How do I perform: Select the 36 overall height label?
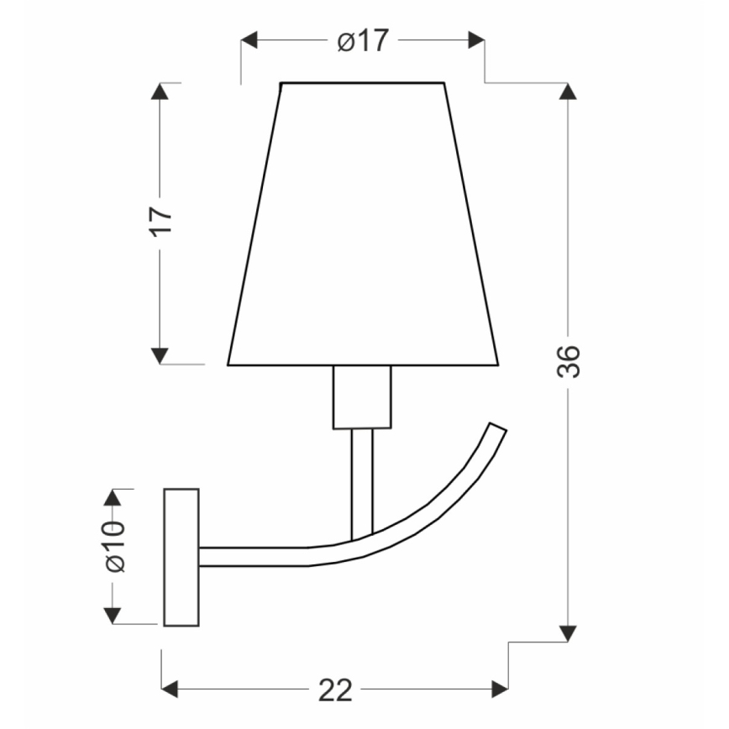pyautogui.click(x=569, y=361)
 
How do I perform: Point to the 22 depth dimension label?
pyautogui.click(x=335, y=690)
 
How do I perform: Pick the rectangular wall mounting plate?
pyautogui.click(x=181, y=557)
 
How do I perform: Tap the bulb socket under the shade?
pyautogui.click(x=362, y=397)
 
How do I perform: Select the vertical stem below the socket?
pyautogui.click(x=362, y=483)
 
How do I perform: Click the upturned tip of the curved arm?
pyautogui.click(x=496, y=433)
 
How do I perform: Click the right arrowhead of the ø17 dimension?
pyautogui.click(x=475, y=40)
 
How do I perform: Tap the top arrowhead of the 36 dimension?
pyautogui.click(x=569, y=92)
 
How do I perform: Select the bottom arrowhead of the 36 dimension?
pyautogui.click(x=569, y=632)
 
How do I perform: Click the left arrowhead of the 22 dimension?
pyautogui.click(x=170, y=690)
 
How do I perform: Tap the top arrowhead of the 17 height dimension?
pyautogui.click(x=160, y=92)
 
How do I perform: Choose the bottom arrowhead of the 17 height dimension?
pyautogui.click(x=160, y=355)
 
